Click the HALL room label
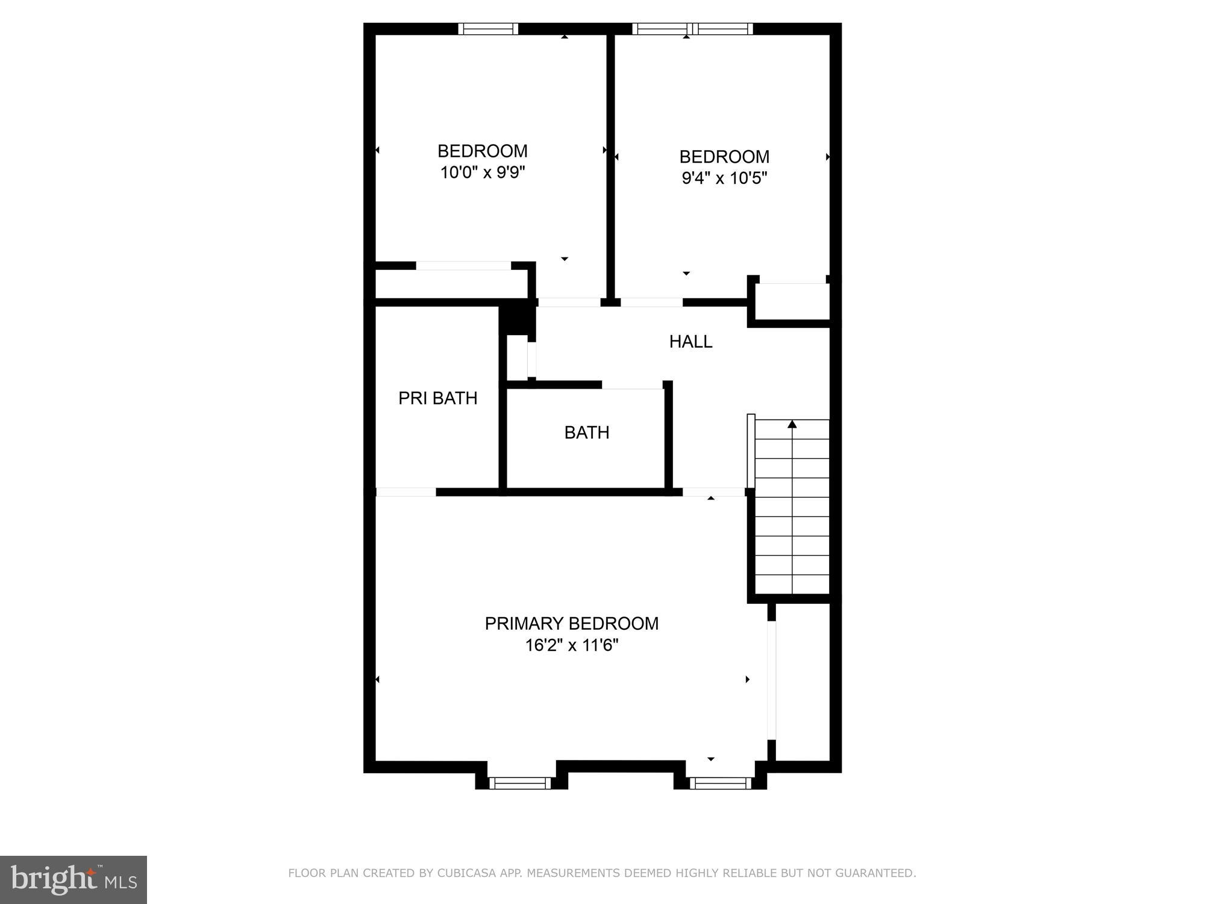coord(690,342)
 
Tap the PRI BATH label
coord(437,398)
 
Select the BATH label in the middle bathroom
coord(586,433)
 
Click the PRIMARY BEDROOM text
coord(571,623)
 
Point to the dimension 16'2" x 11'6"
coord(571,645)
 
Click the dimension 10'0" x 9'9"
coord(482,173)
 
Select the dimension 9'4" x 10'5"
coord(724,178)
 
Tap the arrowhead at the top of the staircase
coord(792,424)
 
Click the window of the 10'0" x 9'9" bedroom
coord(487,29)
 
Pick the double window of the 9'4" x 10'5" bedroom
coord(692,29)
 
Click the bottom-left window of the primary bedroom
coord(519,783)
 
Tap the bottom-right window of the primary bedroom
coord(720,783)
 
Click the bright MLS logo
coord(74,879)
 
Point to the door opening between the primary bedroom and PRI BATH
coord(405,492)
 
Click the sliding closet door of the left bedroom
coord(463,266)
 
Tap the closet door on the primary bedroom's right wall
coord(771,680)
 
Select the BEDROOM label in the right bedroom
coord(724,157)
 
